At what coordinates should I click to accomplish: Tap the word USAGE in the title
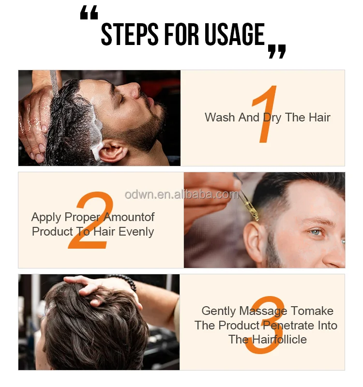234,34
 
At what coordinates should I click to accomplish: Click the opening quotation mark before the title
89,15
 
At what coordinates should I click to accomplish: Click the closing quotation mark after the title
277,51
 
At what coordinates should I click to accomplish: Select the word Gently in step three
219,311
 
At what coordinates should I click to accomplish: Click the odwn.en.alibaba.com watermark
181,194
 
